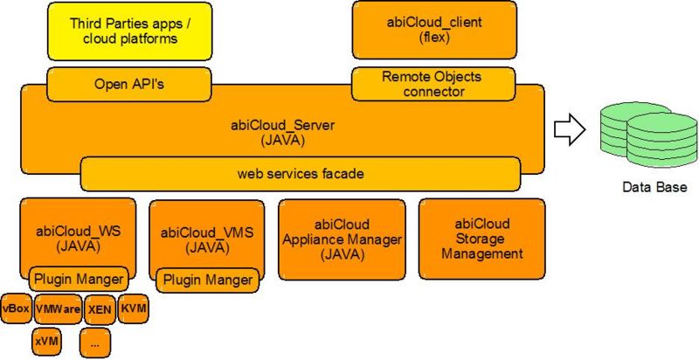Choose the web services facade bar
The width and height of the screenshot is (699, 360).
(x=300, y=174)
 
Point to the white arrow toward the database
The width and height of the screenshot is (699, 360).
(x=570, y=131)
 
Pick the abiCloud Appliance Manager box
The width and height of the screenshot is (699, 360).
(x=342, y=239)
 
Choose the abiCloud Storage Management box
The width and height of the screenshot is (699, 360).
(x=481, y=239)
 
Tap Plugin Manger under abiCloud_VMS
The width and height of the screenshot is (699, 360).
(x=207, y=280)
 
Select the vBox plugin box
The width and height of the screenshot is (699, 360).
(x=16, y=308)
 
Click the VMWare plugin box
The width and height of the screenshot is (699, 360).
(x=58, y=308)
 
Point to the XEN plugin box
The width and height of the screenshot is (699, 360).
(x=99, y=308)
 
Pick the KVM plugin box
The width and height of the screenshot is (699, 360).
(x=134, y=308)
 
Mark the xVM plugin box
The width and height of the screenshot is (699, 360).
(x=46, y=341)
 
